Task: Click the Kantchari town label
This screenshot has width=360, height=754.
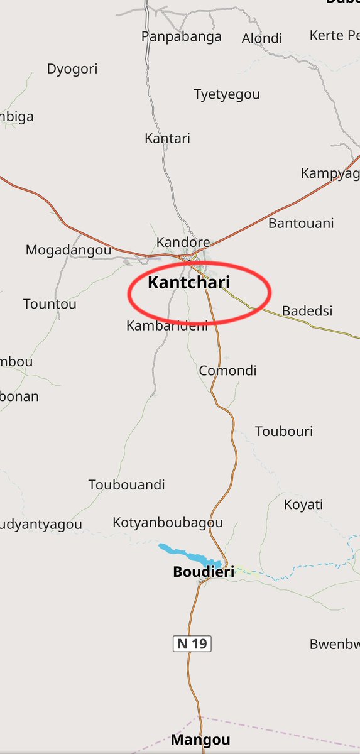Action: pos(188,283)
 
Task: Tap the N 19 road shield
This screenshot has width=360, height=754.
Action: pos(192,643)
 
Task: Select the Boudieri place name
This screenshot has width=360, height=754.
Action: pos(203,572)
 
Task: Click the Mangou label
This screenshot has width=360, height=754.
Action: pos(200,740)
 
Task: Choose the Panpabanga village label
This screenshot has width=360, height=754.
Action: pos(182,36)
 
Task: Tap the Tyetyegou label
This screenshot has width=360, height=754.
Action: pos(227,94)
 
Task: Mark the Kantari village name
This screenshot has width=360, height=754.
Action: pos(167,138)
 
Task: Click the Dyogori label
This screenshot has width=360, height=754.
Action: pos(72,69)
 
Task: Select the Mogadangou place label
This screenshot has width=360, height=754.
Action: pos(68,250)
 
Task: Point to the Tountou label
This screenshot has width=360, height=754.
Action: pos(50,304)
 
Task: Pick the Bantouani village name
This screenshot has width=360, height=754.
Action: pos(301,223)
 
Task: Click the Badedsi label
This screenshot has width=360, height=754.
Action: pos(307,310)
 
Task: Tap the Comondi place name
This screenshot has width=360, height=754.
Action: pos(227,371)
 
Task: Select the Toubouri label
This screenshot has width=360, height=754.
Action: pos(284,431)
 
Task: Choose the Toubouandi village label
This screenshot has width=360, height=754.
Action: pos(127,484)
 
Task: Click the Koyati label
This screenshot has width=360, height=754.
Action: pos(303,505)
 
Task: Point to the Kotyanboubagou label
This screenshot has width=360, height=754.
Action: pos(168,522)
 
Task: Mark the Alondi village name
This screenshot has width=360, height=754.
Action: pos(262,39)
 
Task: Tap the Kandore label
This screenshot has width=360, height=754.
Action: pos(183,242)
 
